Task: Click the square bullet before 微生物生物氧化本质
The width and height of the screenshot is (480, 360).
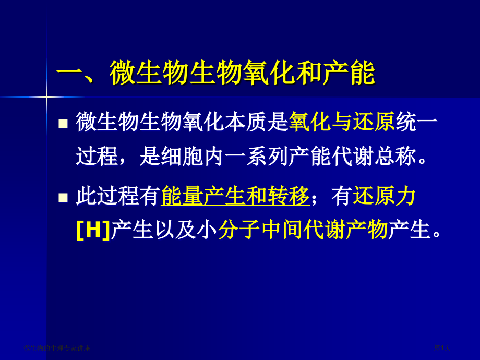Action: tap(63, 124)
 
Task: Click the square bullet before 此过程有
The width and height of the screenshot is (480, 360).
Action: tap(63, 197)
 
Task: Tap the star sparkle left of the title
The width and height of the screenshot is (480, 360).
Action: tap(46, 97)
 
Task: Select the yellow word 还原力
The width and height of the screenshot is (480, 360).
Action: tap(385, 197)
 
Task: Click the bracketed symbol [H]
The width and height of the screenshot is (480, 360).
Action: tap(93, 230)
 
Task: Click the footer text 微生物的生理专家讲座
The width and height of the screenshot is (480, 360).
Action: tap(57, 348)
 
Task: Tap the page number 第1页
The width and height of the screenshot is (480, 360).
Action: tap(441, 347)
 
